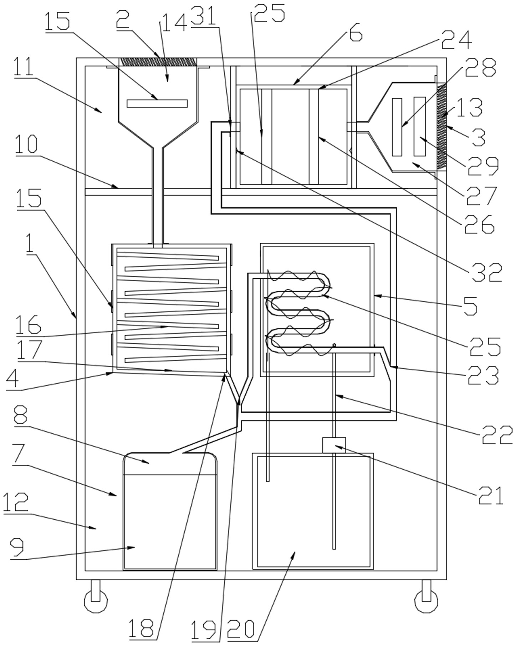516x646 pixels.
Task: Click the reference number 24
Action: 456,40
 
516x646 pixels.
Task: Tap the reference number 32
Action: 487,272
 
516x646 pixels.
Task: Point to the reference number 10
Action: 26,144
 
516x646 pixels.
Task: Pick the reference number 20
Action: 241,629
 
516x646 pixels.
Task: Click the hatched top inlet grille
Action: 158,62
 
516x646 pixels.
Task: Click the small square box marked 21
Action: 334,445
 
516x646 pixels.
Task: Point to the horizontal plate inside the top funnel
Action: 157,104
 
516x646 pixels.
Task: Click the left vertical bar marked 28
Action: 397,127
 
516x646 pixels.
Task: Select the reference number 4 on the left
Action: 12,379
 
